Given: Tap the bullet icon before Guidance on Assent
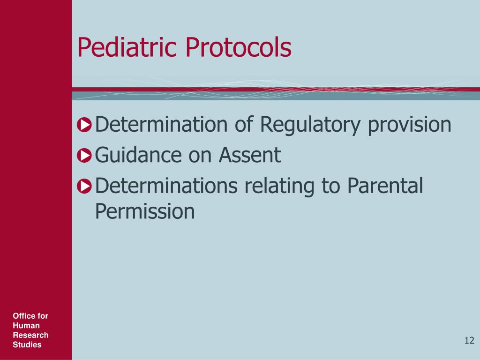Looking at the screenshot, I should [x=84, y=156].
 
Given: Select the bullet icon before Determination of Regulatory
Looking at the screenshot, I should [x=84, y=125].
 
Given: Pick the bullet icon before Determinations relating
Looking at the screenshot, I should [x=84, y=186].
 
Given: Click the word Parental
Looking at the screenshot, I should [x=385, y=186].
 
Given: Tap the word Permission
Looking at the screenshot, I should [x=144, y=211].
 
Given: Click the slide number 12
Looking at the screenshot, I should [x=469, y=340].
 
